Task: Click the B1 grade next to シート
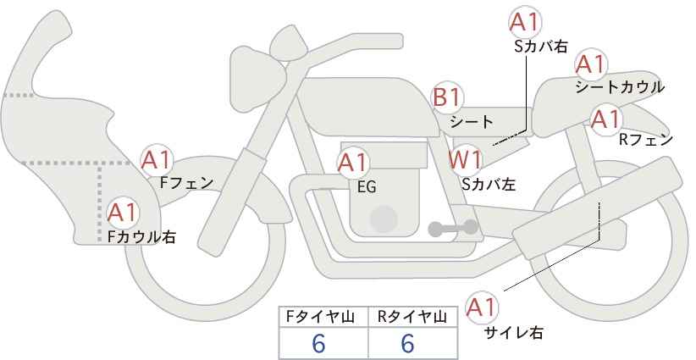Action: click(x=448, y=97)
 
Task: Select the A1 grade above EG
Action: click(x=352, y=163)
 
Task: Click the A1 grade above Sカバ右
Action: click(x=525, y=22)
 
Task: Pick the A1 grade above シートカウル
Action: click(x=591, y=65)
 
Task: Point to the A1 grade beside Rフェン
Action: click(x=606, y=119)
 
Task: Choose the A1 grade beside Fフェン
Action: click(x=156, y=161)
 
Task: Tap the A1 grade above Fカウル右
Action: click(x=122, y=213)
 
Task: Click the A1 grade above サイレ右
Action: click(x=482, y=307)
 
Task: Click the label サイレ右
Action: click(x=514, y=333)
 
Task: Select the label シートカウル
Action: click(x=620, y=87)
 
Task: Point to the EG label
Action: click(x=367, y=187)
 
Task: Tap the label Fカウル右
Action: click(x=141, y=236)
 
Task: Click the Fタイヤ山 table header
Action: click(x=320, y=317)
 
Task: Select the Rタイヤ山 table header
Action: click(x=412, y=317)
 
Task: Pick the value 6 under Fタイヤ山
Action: click(x=318, y=344)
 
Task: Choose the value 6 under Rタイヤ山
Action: click(x=407, y=344)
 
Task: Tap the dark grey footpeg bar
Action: click(x=453, y=228)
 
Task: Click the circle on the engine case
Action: click(x=384, y=219)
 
